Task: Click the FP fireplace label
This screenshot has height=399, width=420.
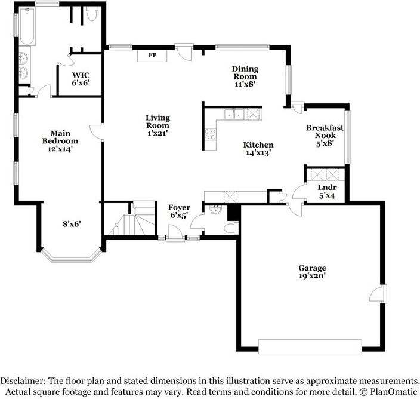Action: tap(152, 55)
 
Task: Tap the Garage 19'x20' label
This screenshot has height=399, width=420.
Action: tap(313, 272)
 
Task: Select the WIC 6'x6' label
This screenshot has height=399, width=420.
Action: tap(81, 79)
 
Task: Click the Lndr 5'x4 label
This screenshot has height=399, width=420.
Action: tap(327, 191)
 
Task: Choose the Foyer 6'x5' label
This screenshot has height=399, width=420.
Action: tap(179, 211)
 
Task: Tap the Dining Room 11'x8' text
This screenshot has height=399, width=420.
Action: tap(245, 76)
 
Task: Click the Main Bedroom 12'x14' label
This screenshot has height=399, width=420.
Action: tap(60, 141)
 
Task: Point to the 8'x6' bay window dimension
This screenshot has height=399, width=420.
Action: tap(72, 223)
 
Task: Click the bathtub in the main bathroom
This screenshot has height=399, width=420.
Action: tap(27, 26)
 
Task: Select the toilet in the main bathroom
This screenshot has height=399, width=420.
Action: tap(92, 14)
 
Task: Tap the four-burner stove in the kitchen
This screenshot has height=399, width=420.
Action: tap(211, 134)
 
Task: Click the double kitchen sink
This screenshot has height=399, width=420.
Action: tap(234, 114)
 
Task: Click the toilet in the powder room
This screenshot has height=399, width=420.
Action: tap(231, 228)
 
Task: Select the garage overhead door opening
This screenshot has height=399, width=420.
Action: tap(310, 346)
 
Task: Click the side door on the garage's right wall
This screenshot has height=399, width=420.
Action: tap(378, 294)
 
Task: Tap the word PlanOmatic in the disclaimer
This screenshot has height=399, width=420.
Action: tap(394, 392)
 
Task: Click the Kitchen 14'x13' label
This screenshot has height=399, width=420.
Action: tap(258, 149)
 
